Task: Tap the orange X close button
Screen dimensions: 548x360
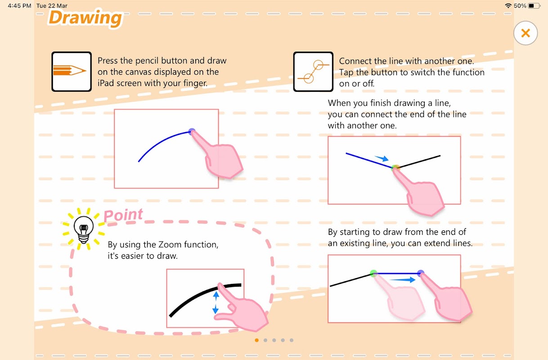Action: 526,33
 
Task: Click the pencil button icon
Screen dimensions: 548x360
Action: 72,72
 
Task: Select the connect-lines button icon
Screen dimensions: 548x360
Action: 313,72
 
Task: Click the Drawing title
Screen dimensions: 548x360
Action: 85,18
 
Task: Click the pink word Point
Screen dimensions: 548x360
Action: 123,216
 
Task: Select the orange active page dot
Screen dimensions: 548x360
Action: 256,340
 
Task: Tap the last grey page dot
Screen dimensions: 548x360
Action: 292,340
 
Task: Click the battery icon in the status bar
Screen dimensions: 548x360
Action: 534,6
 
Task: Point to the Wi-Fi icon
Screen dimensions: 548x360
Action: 508,6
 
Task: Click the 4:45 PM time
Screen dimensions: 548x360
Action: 19,6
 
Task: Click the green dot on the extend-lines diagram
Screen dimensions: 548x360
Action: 373,273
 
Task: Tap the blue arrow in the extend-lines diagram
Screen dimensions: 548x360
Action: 403,279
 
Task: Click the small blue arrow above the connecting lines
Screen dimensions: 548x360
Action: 382,158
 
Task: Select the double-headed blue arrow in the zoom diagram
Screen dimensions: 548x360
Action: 216,303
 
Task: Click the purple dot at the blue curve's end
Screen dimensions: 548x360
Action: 192,131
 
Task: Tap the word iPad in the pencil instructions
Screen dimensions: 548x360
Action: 106,83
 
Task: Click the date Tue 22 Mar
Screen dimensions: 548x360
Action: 52,6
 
